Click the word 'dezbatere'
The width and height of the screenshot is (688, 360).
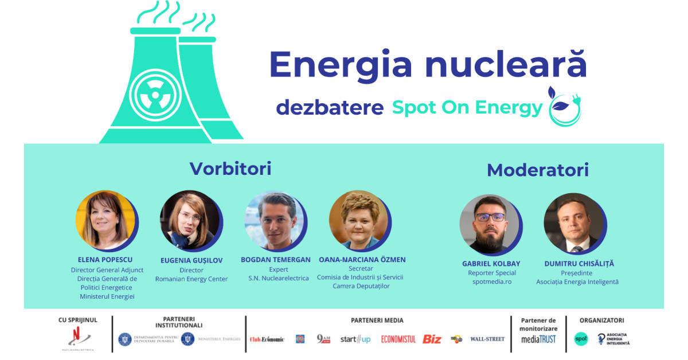[x=330, y=107]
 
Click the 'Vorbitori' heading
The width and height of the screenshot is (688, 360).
[x=230, y=169]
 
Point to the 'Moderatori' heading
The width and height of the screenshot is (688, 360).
[x=537, y=170]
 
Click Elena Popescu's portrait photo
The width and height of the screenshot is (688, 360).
[x=104, y=220]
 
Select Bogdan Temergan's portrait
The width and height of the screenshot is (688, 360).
[x=273, y=220]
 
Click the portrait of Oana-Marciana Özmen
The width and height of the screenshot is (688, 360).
[x=358, y=220]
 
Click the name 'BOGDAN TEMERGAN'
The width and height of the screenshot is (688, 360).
[x=276, y=260]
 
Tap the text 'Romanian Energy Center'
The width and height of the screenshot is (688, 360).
[x=191, y=279]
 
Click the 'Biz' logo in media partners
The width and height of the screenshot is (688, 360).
[x=432, y=339]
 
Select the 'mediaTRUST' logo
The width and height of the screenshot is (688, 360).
[x=538, y=339]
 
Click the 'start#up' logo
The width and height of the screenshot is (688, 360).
[x=355, y=339]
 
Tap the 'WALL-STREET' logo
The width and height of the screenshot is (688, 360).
[x=487, y=339]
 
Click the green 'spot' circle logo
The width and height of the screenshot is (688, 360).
[x=581, y=339]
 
